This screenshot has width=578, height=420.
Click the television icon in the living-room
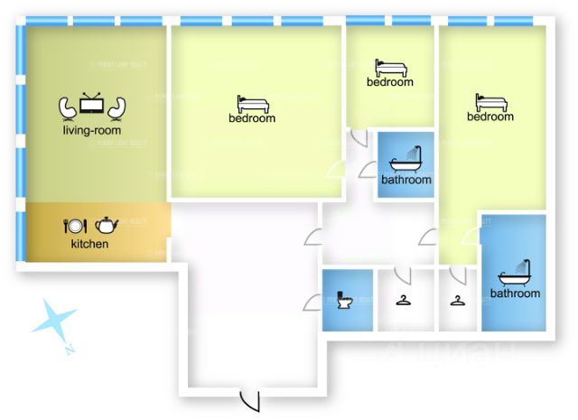click(x=92, y=105)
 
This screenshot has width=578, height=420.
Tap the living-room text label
click(x=92, y=130)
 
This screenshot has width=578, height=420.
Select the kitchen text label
click(x=89, y=244)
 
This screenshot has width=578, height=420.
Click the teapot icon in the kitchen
click(x=107, y=225)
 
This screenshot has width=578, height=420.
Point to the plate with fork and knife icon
click(x=74, y=226)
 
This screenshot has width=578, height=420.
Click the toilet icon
click(x=344, y=300)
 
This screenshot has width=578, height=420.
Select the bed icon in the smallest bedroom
click(x=390, y=68)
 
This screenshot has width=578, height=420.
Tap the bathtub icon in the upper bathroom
click(x=406, y=160)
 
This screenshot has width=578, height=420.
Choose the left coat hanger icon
click(x=401, y=301)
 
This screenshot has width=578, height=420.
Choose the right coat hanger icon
click(x=458, y=301)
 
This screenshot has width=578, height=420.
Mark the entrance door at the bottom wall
click(x=248, y=399)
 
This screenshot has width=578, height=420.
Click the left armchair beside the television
click(x=69, y=107)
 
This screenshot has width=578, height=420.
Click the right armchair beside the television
click(x=115, y=107)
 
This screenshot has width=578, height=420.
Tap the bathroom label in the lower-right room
click(x=515, y=293)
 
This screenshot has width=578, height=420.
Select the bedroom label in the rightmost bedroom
click(x=490, y=117)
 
